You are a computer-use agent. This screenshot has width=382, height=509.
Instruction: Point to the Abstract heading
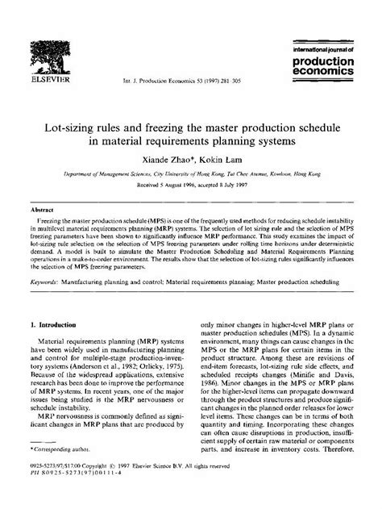(x=42, y=207)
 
